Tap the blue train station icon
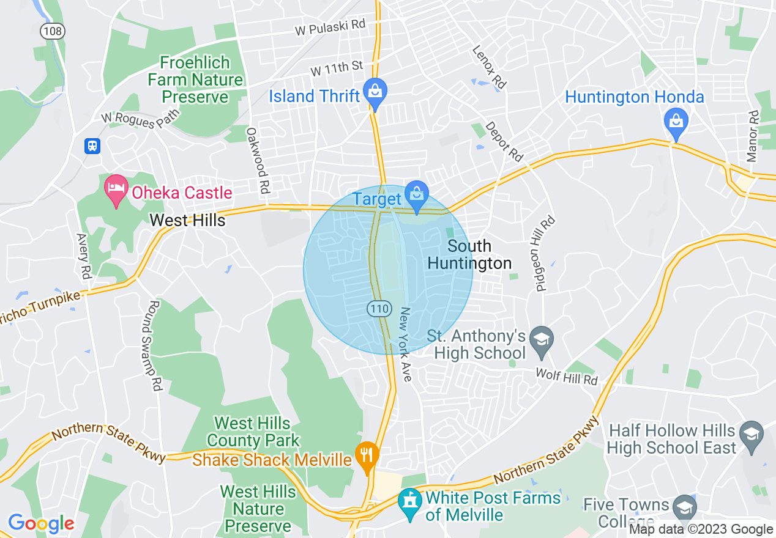coord(92,146)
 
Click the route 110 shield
coord(379,309)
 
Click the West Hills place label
coord(188,220)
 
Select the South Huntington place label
coord(469,254)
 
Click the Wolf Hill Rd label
coord(566,376)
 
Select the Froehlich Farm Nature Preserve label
coord(195,80)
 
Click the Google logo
coord(41,523)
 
